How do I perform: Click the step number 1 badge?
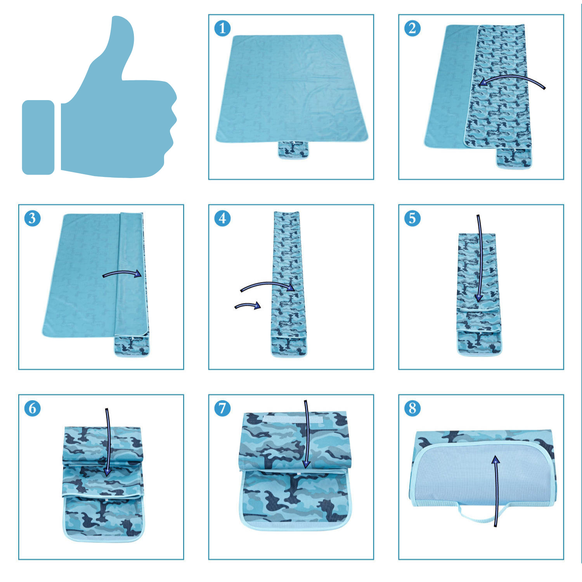tap(222, 28)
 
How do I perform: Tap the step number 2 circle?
tap(412, 28)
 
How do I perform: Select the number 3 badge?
tap(32, 218)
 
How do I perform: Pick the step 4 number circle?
tap(222, 218)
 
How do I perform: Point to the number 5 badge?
tap(412, 218)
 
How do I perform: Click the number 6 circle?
tap(32, 409)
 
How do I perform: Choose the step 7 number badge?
tap(222, 409)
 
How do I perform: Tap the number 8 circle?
tap(412, 409)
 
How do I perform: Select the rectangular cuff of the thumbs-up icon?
tap(38, 137)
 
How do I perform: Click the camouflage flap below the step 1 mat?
tap(293, 149)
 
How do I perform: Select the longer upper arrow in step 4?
tap(268, 284)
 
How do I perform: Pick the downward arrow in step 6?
tap(108, 442)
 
